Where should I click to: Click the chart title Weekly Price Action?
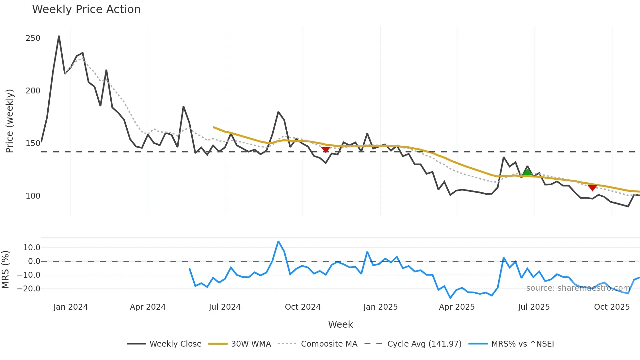(86, 9)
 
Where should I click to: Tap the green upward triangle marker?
(527, 172)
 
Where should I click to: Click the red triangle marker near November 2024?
(326, 149)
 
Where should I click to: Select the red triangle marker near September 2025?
(593, 188)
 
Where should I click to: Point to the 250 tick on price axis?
(33, 38)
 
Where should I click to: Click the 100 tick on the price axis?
(33, 196)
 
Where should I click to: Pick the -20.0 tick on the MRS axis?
(29, 289)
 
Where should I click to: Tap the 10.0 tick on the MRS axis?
(32, 248)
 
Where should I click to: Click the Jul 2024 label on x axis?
(225, 307)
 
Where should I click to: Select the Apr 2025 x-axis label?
(456, 307)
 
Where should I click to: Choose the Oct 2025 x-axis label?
(612, 307)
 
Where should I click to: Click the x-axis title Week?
(340, 324)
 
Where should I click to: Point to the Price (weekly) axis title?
(9, 121)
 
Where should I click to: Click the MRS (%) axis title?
(5, 270)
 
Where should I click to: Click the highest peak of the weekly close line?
(59, 36)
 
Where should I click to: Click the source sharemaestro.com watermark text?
(578, 288)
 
